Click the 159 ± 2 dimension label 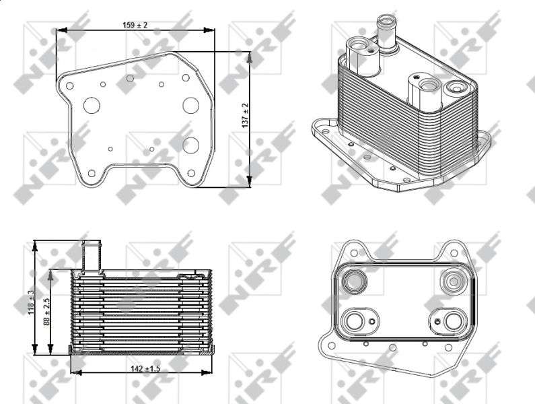tap(135, 25)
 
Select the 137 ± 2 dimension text tap(245, 116)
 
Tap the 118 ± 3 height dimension tap(31, 302)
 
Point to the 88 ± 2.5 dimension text tap(46, 312)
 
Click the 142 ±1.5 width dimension tap(145, 368)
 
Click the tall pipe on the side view tap(92, 255)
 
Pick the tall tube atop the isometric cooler tap(387, 34)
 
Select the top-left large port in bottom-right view tap(355, 281)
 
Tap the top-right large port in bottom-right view tap(453, 281)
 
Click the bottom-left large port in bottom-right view tap(355, 321)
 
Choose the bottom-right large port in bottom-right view tap(453, 321)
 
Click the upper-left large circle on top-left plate tap(92, 106)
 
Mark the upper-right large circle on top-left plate tap(190, 105)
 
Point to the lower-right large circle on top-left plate tap(190, 145)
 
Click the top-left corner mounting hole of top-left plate tap(69, 86)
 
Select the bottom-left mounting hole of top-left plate tap(92, 174)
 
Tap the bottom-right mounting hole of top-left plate tap(191, 174)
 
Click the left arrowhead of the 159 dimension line tap(61, 30)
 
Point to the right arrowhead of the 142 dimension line tap(207, 372)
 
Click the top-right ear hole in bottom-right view tap(454, 253)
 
